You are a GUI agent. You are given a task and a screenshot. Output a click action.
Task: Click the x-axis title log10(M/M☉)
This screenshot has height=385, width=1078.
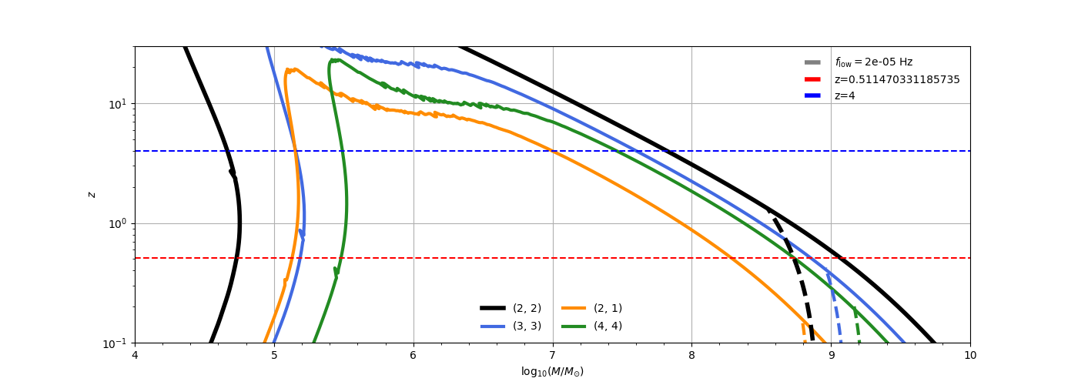[552, 371]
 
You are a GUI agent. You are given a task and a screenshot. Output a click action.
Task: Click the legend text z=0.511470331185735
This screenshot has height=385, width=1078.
[897, 79]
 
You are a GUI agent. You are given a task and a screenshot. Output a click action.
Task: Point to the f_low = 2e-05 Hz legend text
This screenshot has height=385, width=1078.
[873, 62]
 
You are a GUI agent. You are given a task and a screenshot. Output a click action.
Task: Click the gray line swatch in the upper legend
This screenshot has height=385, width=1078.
[812, 62]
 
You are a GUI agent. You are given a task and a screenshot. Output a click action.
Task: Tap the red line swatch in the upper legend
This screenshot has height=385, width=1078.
[812, 79]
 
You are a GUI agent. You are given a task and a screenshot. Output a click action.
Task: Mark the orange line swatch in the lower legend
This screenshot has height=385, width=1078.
[574, 308]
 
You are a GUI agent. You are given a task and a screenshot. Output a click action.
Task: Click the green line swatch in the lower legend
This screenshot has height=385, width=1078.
[574, 326]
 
